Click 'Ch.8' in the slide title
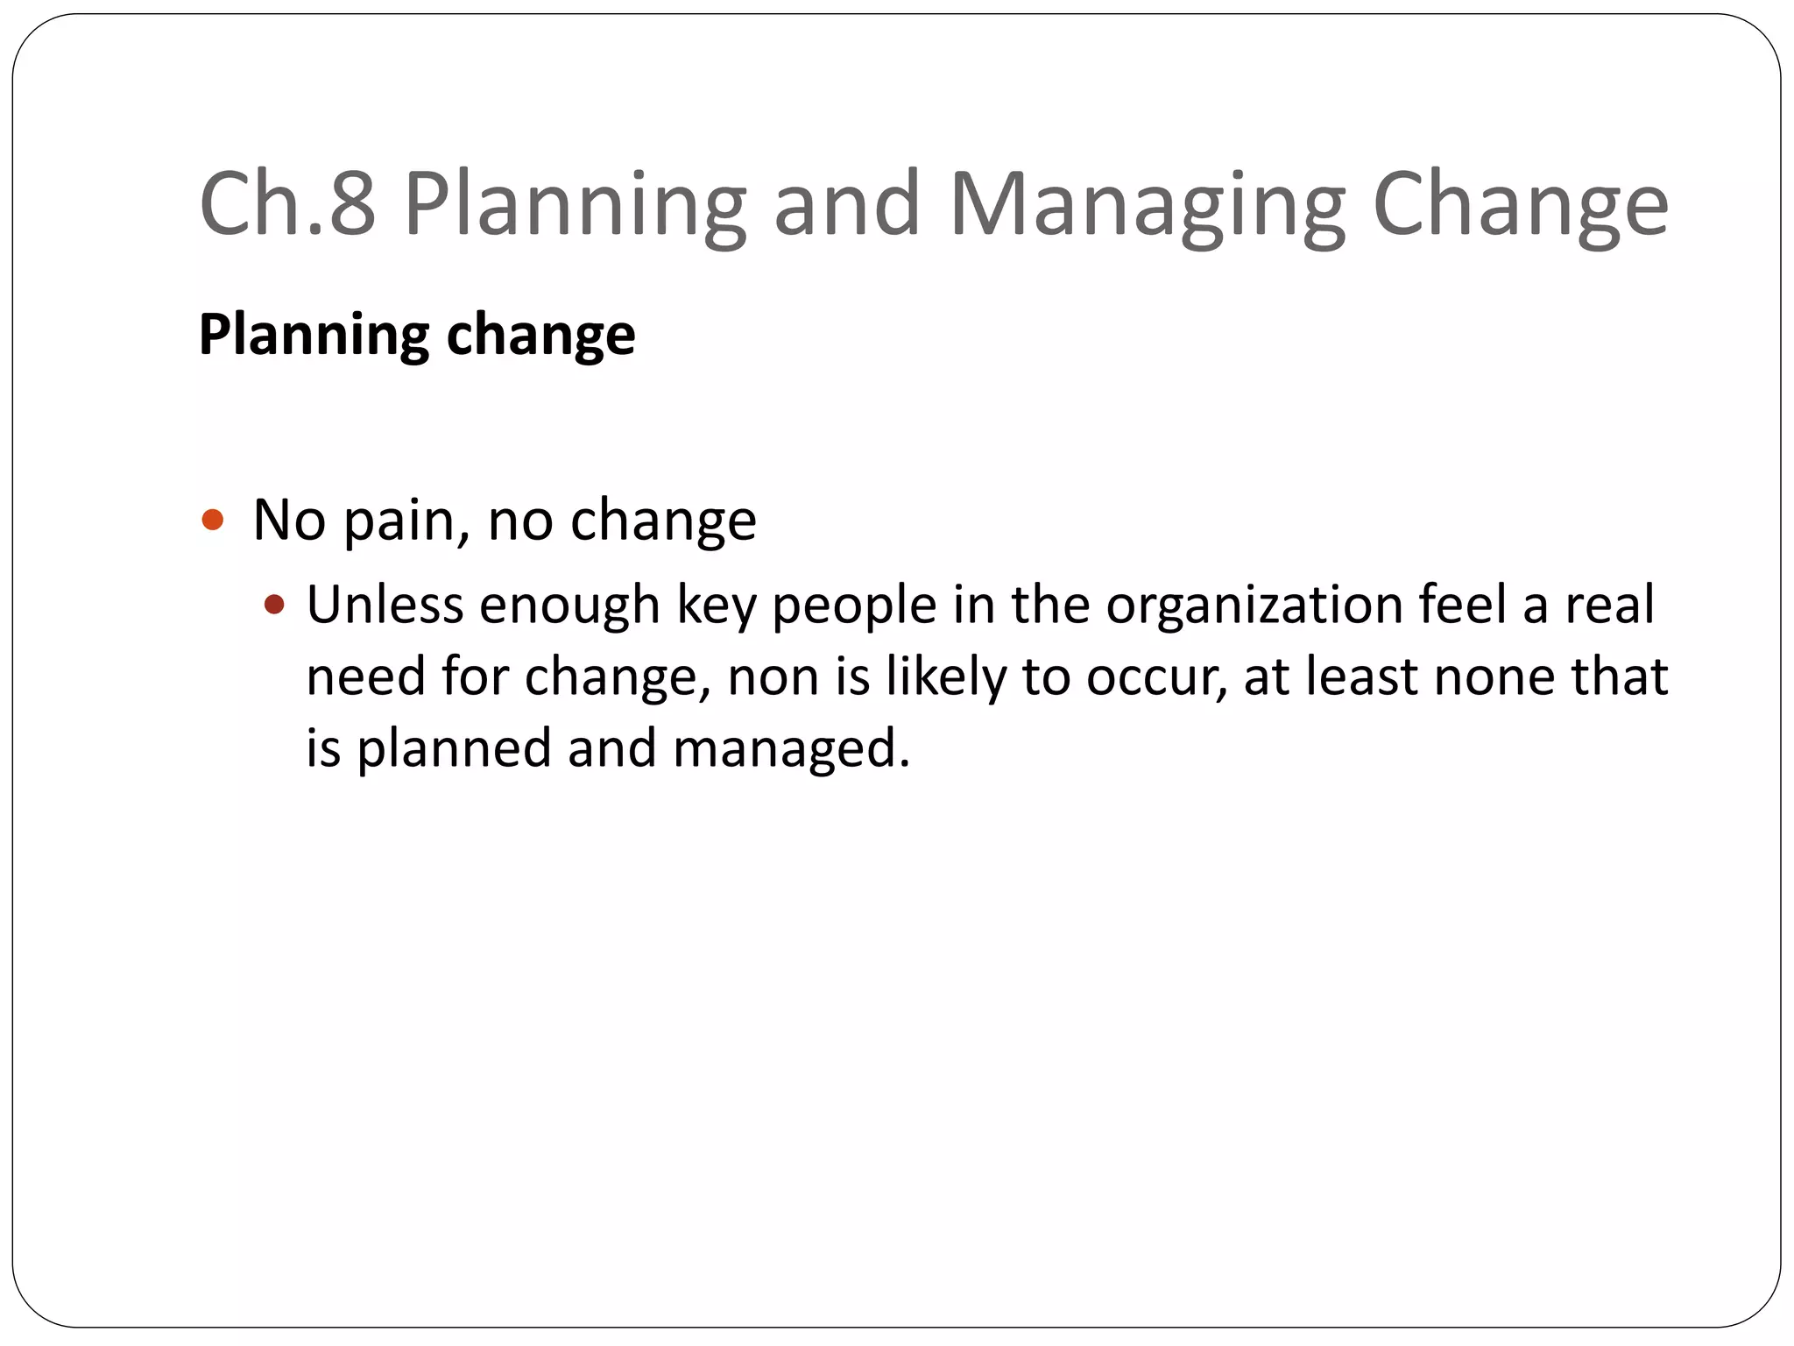coord(287,203)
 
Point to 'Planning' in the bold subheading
coord(314,336)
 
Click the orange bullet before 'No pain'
coord(213,521)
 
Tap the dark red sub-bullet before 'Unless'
coord(274,605)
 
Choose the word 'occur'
coord(1155,678)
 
